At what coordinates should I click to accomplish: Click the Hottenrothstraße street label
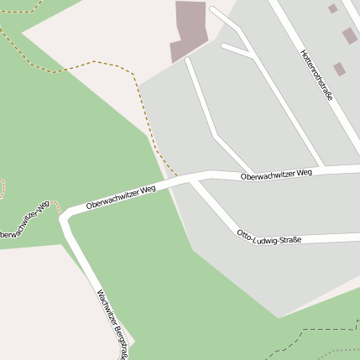pos(316,75)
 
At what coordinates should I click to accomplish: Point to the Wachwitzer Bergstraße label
pos(112,324)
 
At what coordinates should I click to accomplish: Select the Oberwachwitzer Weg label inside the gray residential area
pos(276,175)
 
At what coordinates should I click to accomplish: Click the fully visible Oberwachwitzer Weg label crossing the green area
pos(121,197)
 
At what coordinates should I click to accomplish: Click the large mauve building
pos(189,29)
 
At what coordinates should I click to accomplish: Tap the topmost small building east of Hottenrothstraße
pos(333,8)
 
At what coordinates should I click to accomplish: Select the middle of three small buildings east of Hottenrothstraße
pos(349,36)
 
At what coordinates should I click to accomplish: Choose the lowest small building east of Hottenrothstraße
pos(339,69)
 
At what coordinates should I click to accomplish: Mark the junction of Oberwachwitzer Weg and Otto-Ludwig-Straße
pos(196,179)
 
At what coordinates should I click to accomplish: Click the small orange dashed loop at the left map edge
pos(2,187)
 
